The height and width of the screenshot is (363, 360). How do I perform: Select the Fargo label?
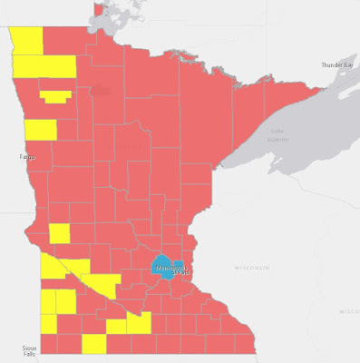(25, 157)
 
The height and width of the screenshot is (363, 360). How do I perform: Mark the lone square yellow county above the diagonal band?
(60, 233)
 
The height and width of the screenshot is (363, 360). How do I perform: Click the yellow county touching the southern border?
(93, 344)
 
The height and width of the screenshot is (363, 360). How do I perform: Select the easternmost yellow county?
(138, 323)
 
